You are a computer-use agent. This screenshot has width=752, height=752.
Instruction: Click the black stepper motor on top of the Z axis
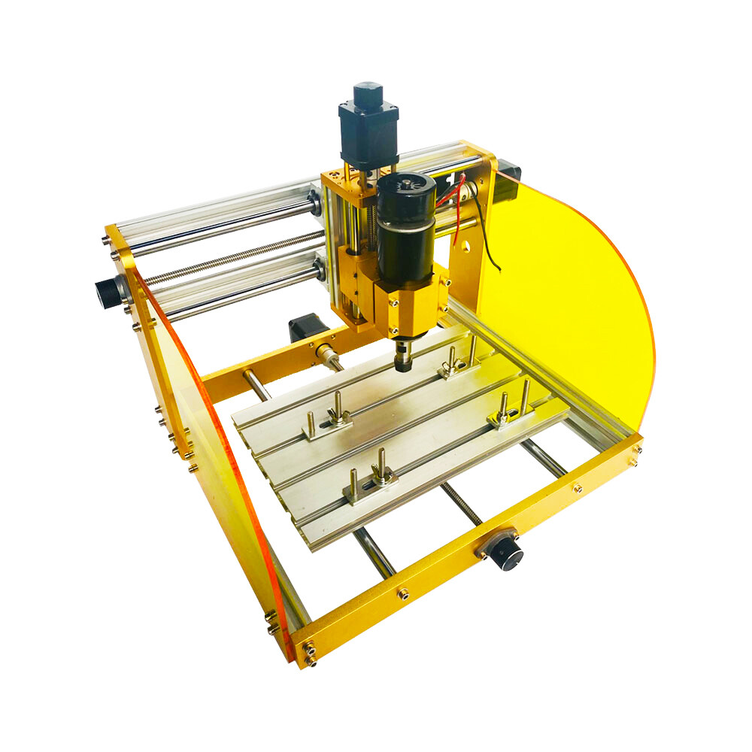click(x=368, y=128)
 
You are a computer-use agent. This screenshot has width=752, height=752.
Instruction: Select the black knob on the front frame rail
click(x=502, y=550)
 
